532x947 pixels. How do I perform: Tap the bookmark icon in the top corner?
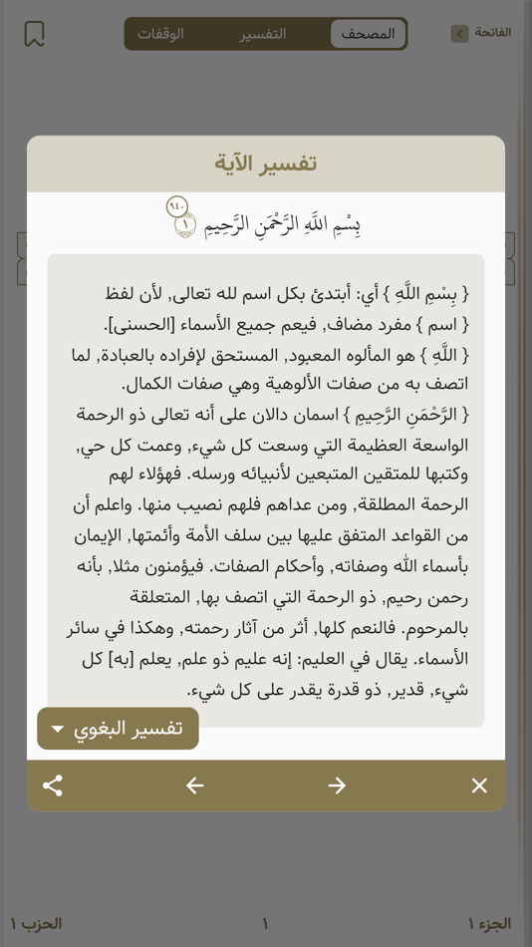34,34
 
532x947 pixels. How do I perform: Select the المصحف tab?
368,34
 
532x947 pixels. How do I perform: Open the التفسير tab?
263,34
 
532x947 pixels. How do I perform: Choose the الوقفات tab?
161,34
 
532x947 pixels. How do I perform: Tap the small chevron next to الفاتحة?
459,34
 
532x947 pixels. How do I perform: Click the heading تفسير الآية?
266,163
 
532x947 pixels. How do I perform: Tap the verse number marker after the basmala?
186,225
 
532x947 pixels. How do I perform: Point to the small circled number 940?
177,206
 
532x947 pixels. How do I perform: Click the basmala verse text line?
282,225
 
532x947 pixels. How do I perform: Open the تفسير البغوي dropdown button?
118,729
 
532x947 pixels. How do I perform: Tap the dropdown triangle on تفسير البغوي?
58,730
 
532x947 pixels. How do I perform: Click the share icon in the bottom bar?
53,786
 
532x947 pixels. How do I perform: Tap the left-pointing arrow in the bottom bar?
195,786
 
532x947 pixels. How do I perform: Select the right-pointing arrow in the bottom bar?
337,786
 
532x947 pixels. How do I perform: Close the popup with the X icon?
479,786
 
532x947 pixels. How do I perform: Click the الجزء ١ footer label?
488,924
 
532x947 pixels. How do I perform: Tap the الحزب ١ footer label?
37,924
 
